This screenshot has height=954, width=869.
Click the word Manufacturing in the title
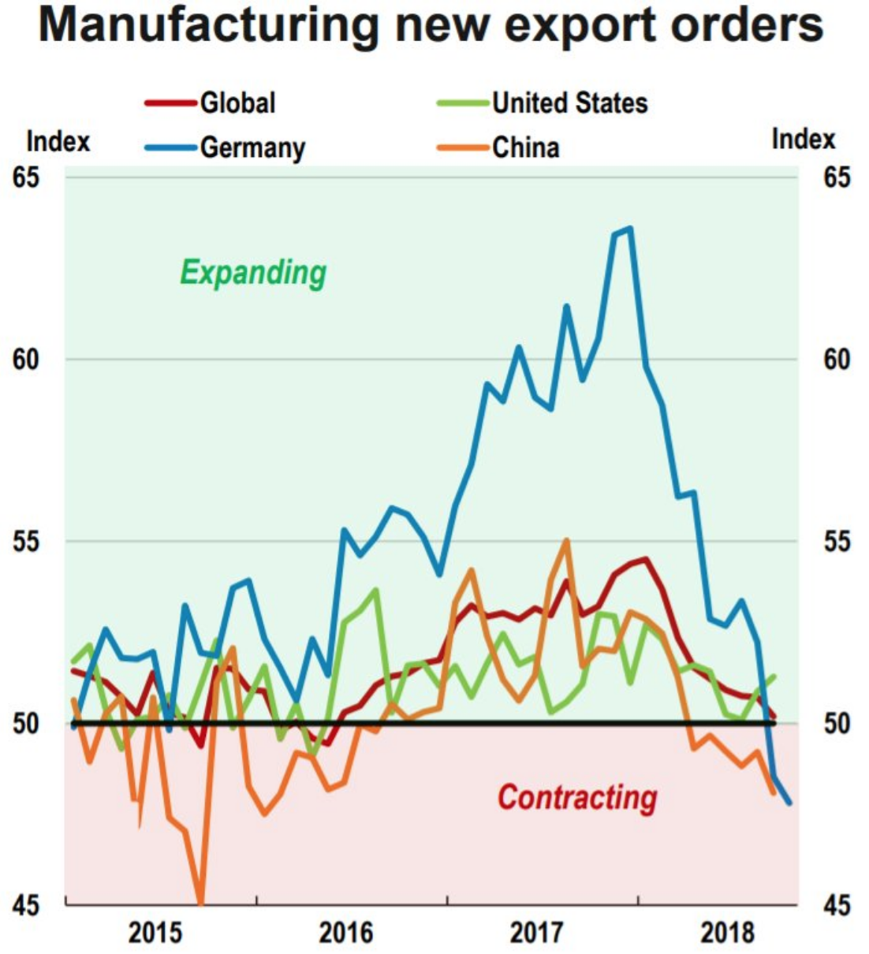click(x=210, y=25)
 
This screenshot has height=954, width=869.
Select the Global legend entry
click(x=237, y=102)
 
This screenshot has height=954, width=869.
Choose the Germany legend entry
click(x=252, y=147)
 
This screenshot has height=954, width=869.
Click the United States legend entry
click(x=569, y=102)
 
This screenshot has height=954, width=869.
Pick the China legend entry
click(x=526, y=147)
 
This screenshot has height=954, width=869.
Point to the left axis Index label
click(x=58, y=142)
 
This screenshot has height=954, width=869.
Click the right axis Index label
click(x=803, y=140)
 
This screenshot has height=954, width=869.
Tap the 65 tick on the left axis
click(x=25, y=177)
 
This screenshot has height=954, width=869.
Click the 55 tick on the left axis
click(x=25, y=542)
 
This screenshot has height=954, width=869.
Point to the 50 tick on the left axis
click(x=25, y=723)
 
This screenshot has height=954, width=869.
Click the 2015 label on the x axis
click(x=155, y=934)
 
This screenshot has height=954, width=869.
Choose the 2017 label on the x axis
click(x=537, y=934)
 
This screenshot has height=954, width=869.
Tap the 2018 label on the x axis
click(x=728, y=934)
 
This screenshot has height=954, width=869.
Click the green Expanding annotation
click(x=253, y=273)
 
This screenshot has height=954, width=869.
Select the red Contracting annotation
click(x=577, y=797)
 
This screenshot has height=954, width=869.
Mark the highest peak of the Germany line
click(x=629, y=229)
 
